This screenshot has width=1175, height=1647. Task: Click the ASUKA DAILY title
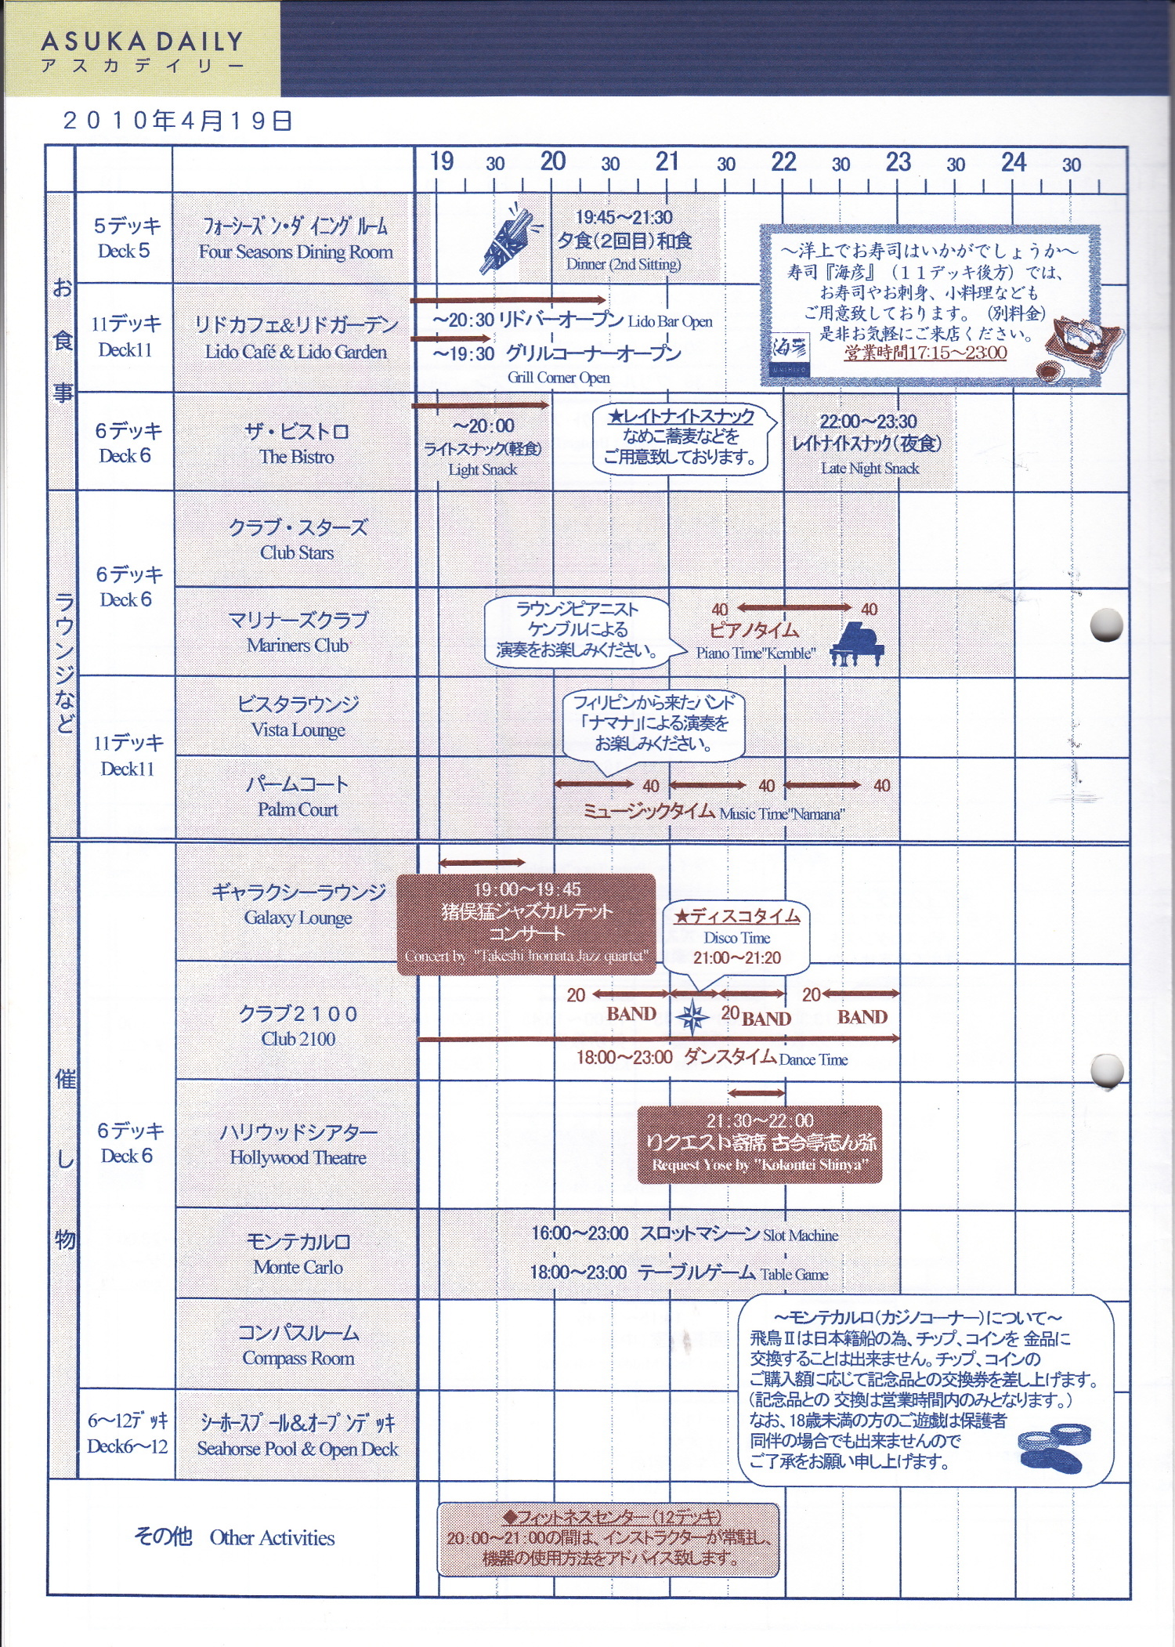143,42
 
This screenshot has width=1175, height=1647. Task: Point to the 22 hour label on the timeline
783,162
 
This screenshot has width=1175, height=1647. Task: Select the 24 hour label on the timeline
1013,162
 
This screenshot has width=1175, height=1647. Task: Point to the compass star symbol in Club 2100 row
692,1017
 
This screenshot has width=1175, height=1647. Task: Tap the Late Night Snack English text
869,469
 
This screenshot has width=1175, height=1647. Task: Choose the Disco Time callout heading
737,916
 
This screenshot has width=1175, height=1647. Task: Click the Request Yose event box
759,1143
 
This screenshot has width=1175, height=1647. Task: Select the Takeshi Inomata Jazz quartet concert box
526,923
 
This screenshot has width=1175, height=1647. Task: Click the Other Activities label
272,1538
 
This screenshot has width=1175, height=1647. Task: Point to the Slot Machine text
801,1236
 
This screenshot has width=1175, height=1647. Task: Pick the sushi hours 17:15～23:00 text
925,353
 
